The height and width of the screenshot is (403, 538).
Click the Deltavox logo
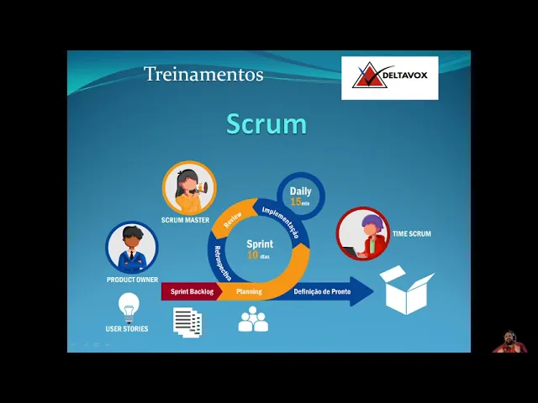coord(389,78)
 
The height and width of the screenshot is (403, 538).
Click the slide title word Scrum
coord(266,124)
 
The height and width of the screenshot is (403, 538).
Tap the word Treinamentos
coord(203,74)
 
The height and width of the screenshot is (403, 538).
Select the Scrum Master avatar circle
coord(189,188)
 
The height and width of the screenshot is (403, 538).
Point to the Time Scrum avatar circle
coord(363,233)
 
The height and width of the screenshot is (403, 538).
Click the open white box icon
coord(406,290)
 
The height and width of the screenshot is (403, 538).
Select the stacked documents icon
coord(187,322)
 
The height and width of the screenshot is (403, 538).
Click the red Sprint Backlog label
coord(192,292)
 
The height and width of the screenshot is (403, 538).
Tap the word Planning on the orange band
coord(249,292)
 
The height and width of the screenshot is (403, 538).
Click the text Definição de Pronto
coord(322,292)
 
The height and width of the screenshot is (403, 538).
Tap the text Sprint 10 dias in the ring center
coord(259,249)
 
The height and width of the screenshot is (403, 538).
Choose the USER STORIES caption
coord(127,329)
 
